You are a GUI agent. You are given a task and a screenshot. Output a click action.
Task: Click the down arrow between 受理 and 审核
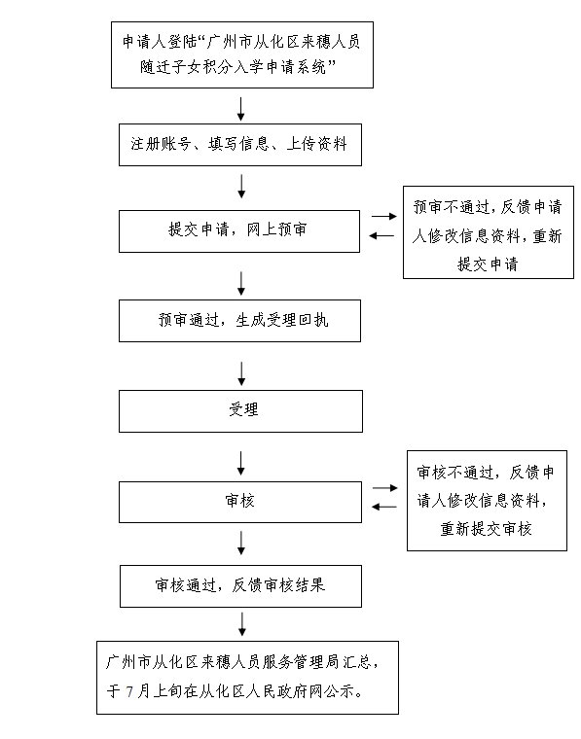(241, 463)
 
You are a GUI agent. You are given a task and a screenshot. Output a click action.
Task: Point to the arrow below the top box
(241, 109)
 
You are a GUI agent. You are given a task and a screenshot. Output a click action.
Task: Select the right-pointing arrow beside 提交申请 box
(384, 216)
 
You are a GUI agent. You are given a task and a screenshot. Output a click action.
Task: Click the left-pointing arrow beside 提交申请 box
(381, 235)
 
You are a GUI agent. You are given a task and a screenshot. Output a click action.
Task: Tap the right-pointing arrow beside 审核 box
(385, 488)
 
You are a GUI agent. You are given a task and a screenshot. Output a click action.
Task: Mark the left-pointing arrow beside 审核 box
(384, 508)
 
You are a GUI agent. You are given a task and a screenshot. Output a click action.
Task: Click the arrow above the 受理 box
(241, 373)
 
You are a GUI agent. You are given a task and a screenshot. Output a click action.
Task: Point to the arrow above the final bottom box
(242, 624)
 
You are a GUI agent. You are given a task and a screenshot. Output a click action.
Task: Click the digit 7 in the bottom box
(130, 691)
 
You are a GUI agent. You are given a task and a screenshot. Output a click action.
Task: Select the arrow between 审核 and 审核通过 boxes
(241, 543)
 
